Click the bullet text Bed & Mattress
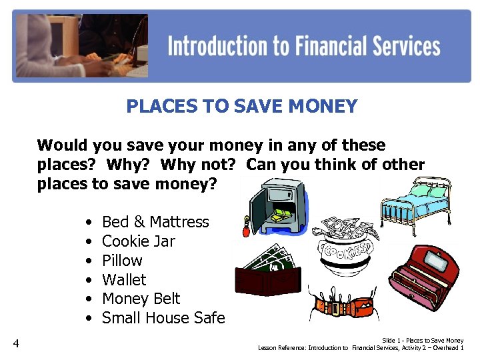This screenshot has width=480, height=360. click(155, 222)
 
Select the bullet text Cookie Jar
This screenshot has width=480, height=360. click(138, 241)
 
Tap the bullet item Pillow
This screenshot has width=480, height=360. click(122, 261)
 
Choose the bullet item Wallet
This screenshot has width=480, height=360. click(124, 280)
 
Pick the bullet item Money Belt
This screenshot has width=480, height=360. click(141, 299)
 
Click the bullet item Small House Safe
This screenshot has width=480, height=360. click(163, 318)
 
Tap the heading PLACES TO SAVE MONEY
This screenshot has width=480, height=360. click(241, 106)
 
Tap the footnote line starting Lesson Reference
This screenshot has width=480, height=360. click(361, 348)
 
